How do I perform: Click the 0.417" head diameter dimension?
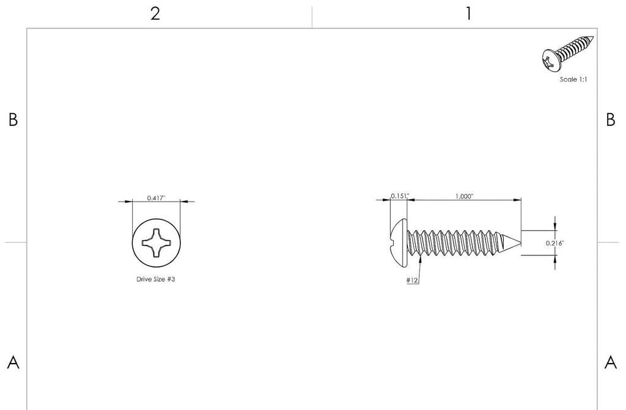(156, 198)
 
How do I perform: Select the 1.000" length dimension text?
(465, 196)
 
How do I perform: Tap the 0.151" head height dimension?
(400, 196)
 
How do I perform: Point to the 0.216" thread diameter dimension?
(555, 243)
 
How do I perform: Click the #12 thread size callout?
(412, 280)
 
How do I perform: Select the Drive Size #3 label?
(156, 279)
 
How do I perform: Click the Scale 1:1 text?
(573, 79)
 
